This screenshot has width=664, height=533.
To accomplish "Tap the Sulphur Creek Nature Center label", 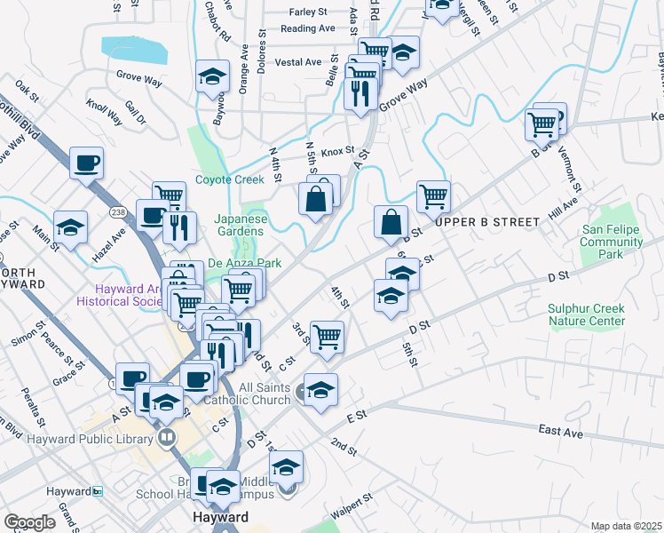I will coord(586,314).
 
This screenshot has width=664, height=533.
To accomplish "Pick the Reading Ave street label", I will coord(307,28).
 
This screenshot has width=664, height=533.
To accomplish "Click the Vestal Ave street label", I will coord(298,62).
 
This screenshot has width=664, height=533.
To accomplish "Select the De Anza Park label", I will coord(244,264).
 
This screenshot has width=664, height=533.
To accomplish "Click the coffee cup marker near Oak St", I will coord(86,163).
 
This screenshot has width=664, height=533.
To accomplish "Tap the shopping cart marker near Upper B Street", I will coord(433,196).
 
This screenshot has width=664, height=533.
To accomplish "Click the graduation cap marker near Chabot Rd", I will coord(213,77).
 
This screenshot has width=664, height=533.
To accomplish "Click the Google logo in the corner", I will coord(30,522).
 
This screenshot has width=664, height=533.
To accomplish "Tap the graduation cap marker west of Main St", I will coord(70,227).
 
